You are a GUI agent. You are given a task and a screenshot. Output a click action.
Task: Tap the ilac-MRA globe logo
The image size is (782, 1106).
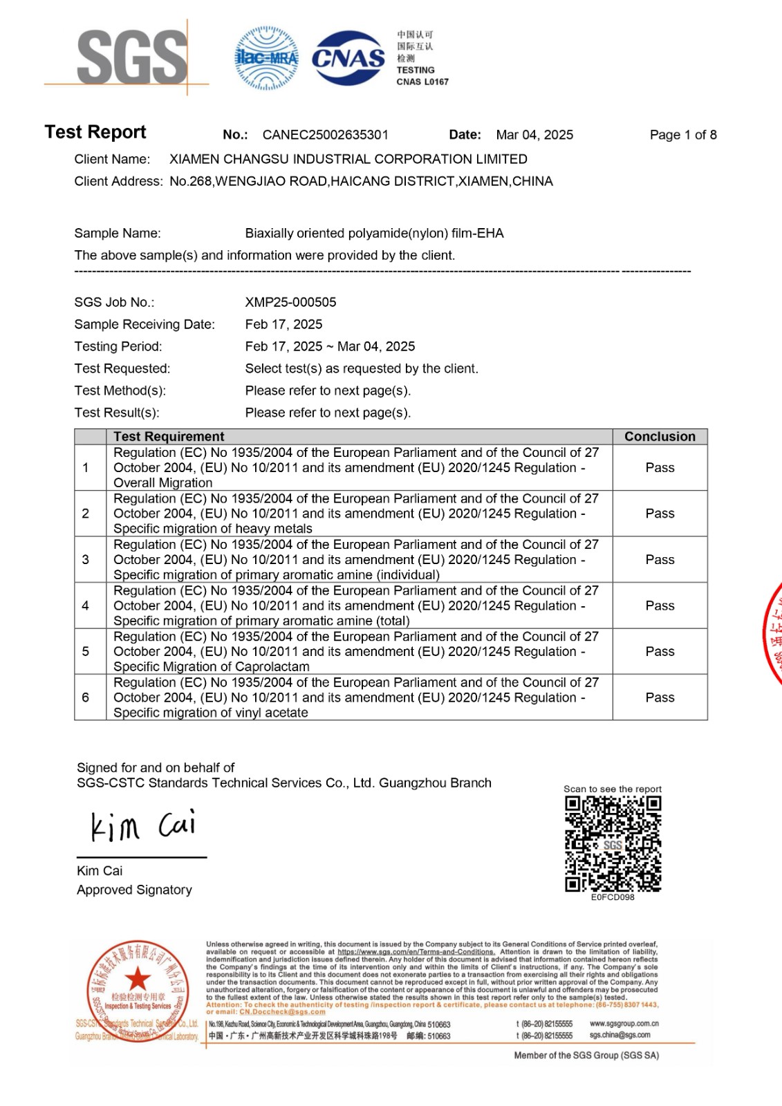tap(266, 58)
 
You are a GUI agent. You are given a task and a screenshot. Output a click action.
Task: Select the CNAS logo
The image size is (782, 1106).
tap(348, 58)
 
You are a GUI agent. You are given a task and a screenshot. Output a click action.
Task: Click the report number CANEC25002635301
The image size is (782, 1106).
tap(325, 135)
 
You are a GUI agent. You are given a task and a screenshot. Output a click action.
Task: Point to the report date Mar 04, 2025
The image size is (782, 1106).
tap(534, 135)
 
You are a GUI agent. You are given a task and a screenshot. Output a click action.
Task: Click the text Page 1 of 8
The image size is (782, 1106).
tap(682, 135)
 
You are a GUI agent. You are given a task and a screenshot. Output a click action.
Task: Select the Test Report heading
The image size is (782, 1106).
tap(95, 132)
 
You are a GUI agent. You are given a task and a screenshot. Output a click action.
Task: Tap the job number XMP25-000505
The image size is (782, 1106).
tap(290, 302)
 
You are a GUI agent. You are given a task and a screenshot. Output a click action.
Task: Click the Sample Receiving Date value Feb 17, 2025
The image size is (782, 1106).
tap(283, 324)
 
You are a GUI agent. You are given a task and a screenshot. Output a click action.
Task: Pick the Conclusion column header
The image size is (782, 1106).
tap(660, 436)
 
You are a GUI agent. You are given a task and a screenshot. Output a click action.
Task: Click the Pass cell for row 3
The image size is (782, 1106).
tap(660, 559)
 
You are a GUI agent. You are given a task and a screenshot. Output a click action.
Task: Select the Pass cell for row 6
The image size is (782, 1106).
tap(660, 697)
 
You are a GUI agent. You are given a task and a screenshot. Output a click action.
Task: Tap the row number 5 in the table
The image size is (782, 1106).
tap(86, 651)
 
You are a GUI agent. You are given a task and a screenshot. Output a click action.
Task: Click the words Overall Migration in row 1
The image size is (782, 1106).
tap(163, 482)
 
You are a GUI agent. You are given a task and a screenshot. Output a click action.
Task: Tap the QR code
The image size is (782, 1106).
tap(613, 843)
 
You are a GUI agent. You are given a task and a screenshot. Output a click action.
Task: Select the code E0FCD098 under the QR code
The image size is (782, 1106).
tap(613, 897)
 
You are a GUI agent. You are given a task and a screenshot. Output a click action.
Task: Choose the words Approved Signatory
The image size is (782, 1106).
tap(134, 890)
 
